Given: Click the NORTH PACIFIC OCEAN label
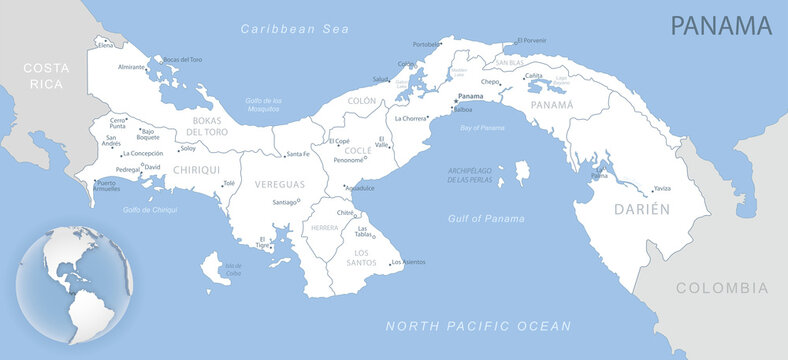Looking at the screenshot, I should click(479, 326).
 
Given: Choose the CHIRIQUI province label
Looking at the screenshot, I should click(196, 170).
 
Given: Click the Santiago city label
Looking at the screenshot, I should click(286, 203).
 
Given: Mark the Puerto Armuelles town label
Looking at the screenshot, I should click(106, 186).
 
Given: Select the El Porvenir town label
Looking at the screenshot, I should click(532, 40).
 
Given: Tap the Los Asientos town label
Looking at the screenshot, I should click(408, 263).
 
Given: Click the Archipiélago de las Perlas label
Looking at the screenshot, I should click(468, 177).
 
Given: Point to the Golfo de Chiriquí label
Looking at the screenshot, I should click(151, 210).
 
